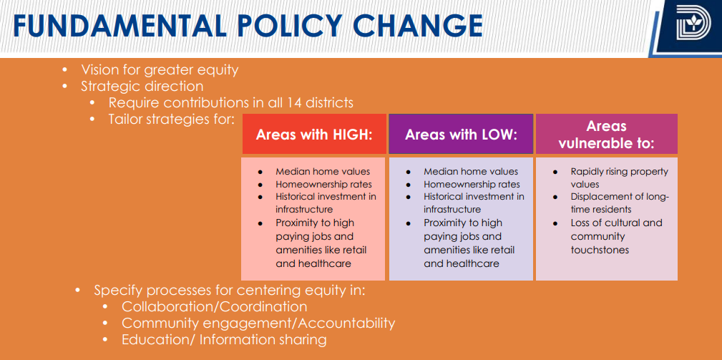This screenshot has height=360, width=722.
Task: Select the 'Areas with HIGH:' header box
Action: [314, 135]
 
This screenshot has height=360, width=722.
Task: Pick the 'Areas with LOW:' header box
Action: [461, 135]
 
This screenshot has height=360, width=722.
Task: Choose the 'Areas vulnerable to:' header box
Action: [606, 135]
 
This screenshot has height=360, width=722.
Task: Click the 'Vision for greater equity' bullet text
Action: [160, 70]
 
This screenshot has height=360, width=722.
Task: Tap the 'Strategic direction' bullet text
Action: [142, 87]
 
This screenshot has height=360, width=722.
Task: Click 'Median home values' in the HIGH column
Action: [323, 171]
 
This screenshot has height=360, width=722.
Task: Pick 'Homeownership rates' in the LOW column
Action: [472, 184]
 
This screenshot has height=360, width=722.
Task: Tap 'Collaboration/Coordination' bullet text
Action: [204, 307]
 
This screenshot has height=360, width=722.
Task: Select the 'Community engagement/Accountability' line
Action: [258, 323]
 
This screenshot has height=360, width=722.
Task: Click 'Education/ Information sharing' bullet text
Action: [224, 340]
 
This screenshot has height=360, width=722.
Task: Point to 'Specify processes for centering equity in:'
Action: [230, 291]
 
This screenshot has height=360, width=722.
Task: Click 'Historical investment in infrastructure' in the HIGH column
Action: [326, 203]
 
